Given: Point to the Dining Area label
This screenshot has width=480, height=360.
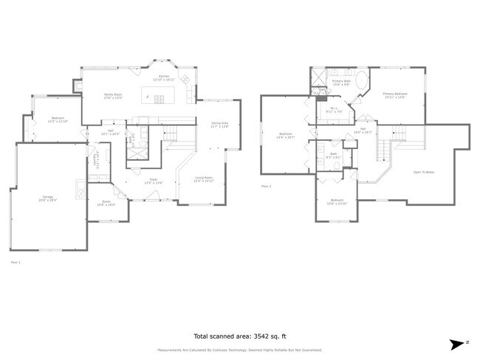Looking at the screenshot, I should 220,124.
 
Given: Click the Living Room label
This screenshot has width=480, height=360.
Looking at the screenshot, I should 204,179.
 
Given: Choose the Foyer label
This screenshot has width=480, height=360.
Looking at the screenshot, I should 154,180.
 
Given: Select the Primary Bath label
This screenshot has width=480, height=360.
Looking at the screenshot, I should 340,82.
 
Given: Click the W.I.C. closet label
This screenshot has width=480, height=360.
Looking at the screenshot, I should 333,111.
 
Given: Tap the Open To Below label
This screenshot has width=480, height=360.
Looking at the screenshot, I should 422,172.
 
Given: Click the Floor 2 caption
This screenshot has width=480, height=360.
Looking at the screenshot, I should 267,186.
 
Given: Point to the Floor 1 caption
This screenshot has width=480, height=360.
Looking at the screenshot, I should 16,261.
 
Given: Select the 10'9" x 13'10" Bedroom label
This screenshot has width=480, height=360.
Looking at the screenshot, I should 337,201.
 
